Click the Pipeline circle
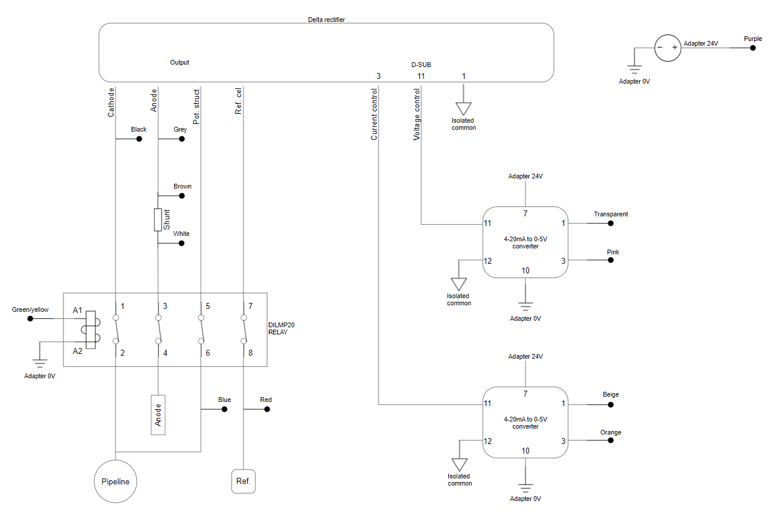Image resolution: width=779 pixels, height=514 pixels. (116, 481)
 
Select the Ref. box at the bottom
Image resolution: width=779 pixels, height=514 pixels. (243, 481)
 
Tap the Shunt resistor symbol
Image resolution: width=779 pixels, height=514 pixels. (158, 220)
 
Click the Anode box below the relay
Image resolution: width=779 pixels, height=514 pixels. (158, 414)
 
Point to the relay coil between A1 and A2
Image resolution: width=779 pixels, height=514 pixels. (91, 329)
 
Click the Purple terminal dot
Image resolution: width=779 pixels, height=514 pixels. (753, 47)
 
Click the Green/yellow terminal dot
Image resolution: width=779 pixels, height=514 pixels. (30, 319)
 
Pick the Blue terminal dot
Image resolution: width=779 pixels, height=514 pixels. (225, 409)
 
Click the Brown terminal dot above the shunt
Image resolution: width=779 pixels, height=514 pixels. (182, 196)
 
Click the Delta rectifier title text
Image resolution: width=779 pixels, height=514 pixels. (326, 20)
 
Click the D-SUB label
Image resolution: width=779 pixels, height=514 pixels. (421, 65)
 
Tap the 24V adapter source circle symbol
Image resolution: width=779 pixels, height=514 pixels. (668, 47)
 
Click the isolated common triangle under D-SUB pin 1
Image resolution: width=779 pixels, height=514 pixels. (464, 108)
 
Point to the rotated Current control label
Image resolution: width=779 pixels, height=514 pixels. (374, 114)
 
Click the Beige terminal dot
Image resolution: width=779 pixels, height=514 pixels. (611, 405)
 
